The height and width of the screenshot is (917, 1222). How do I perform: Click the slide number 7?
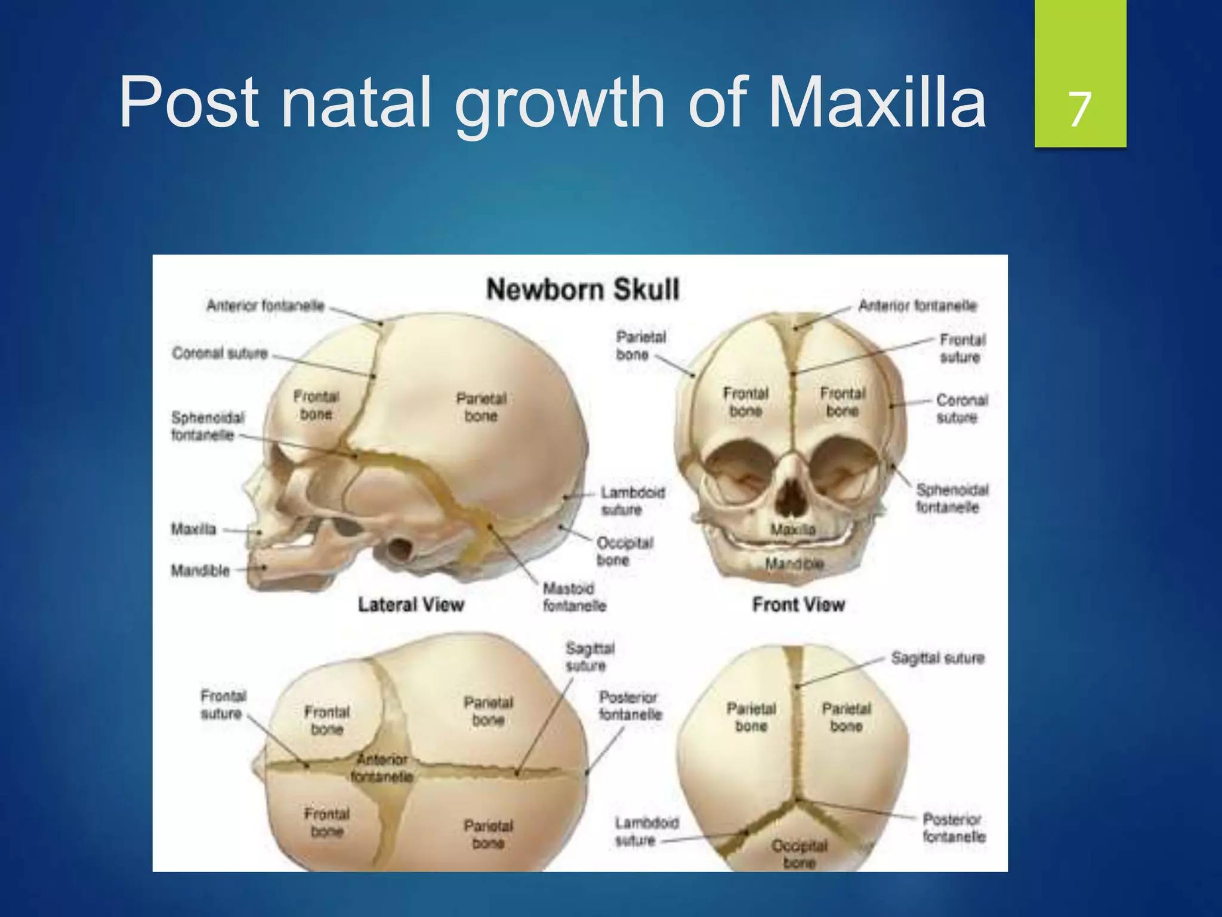coord(1080,109)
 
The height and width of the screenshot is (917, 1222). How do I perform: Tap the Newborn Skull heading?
coord(582,290)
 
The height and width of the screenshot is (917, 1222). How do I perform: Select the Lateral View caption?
coord(411,605)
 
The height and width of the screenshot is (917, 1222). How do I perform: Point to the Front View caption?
coord(798,605)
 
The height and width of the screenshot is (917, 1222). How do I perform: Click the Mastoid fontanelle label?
coord(573,597)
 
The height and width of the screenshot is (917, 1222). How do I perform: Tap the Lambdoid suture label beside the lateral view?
coord(632,501)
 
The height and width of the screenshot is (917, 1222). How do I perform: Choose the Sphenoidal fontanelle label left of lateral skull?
coord(207,426)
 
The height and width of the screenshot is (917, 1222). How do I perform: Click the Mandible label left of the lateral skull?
coord(200,571)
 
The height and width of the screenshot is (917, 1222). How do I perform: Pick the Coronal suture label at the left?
coord(220,353)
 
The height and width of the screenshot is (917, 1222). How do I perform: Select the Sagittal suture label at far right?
coord(937,658)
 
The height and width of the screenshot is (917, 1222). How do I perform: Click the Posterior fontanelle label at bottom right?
coord(953,827)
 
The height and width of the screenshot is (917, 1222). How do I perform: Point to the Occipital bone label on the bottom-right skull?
coord(799,854)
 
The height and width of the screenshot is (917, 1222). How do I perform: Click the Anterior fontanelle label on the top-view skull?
coord(382,768)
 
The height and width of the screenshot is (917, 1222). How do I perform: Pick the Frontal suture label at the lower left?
coord(223,704)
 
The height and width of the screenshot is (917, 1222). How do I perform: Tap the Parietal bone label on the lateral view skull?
coord(481,407)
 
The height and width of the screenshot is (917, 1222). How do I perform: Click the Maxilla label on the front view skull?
coord(792,530)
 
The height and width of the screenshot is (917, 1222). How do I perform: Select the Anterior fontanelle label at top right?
coord(917,306)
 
